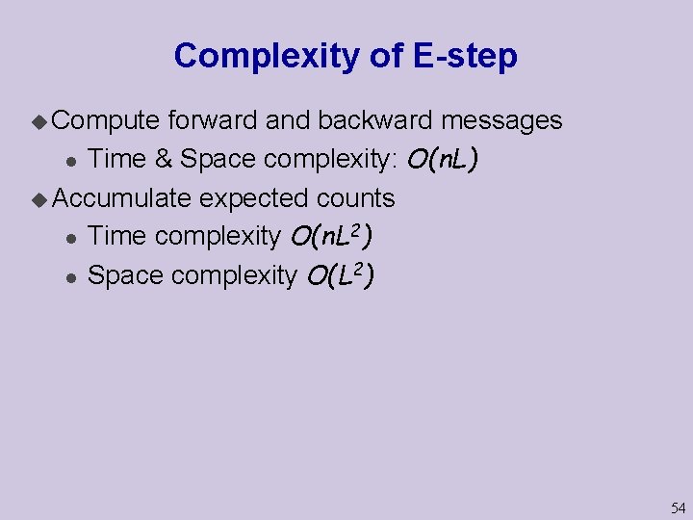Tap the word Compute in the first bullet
[x=106, y=120]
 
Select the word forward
[x=213, y=120]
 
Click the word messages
[x=501, y=120]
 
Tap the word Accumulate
[x=122, y=198]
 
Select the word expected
[x=255, y=198]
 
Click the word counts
[x=356, y=198]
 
